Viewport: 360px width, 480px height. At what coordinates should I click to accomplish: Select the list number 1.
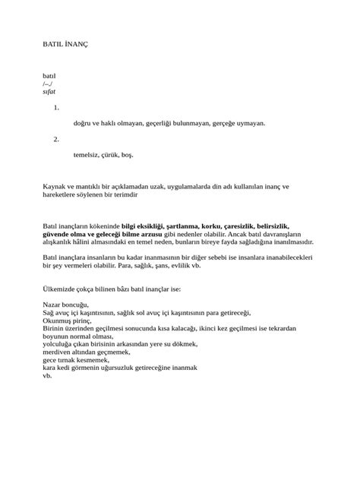coord(56,108)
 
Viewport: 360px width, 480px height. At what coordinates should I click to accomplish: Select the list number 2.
coord(56,139)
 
